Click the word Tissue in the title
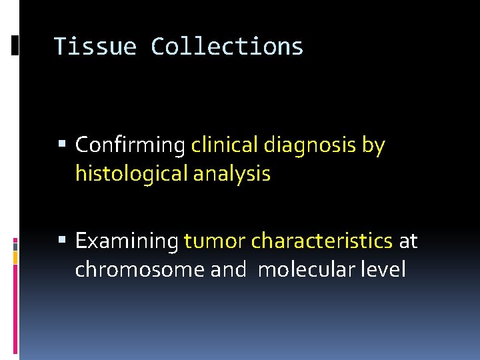pos(95,47)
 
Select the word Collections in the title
pos(227,47)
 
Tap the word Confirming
pos(130,145)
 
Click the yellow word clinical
pos(225,145)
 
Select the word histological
pos(131,174)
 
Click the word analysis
pos(232,174)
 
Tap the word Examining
pos(127,241)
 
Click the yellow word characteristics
pos(321,241)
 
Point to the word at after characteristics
pos(408,241)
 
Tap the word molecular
pos(305,269)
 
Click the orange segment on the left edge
pos(15,255)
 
